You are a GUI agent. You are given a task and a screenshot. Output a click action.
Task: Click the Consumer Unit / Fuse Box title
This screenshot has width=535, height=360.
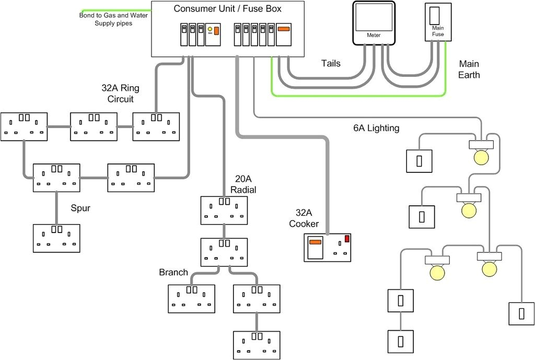pyautogui.click(x=227, y=9)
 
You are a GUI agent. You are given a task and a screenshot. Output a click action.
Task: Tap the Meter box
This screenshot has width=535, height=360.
pyautogui.click(x=373, y=22)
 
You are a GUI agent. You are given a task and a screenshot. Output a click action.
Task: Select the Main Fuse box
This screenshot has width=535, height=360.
pyautogui.click(x=437, y=22)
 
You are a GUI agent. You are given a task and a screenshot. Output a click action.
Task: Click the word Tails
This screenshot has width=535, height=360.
pyautogui.click(x=330, y=63)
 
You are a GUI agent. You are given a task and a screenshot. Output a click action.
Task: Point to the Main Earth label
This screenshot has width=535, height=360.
pyautogui.click(x=469, y=69)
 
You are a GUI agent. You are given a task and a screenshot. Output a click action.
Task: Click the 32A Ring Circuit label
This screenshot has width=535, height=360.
pyautogui.click(x=121, y=94)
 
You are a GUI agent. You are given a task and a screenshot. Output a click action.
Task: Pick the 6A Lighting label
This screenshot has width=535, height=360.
pyautogui.click(x=376, y=128)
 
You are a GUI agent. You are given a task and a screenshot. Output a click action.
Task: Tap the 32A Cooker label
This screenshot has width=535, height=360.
pyautogui.click(x=307, y=218)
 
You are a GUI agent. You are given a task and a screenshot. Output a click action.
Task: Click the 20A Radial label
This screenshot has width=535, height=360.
pyautogui.click(x=243, y=184)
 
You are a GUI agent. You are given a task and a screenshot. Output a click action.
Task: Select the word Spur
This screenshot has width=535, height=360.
pyautogui.click(x=80, y=208)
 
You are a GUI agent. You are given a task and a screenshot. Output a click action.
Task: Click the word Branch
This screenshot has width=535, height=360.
pyautogui.click(x=173, y=272)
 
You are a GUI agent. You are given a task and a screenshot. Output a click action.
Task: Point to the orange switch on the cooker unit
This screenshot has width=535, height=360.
pyautogui.click(x=315, y=242)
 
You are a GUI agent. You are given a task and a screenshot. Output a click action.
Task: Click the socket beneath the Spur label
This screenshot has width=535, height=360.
pyautogui.click(x=56, y=238)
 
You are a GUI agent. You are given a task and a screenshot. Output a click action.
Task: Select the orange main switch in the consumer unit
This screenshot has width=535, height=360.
pyautogui.click(x=283, y=29)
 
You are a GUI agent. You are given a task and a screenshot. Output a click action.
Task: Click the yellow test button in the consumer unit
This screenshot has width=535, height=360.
pyautogui.click(x=210, y=29)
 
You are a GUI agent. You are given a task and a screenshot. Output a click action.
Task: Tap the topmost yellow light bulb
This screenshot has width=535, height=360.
pyautogui.click(x=480, y=157)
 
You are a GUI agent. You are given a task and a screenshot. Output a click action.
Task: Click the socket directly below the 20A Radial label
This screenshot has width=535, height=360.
pyautogui.click(x=224, y=210)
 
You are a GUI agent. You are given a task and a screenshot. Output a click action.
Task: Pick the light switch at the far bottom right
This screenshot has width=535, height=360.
pyautogui.click(x=521, y=313)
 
